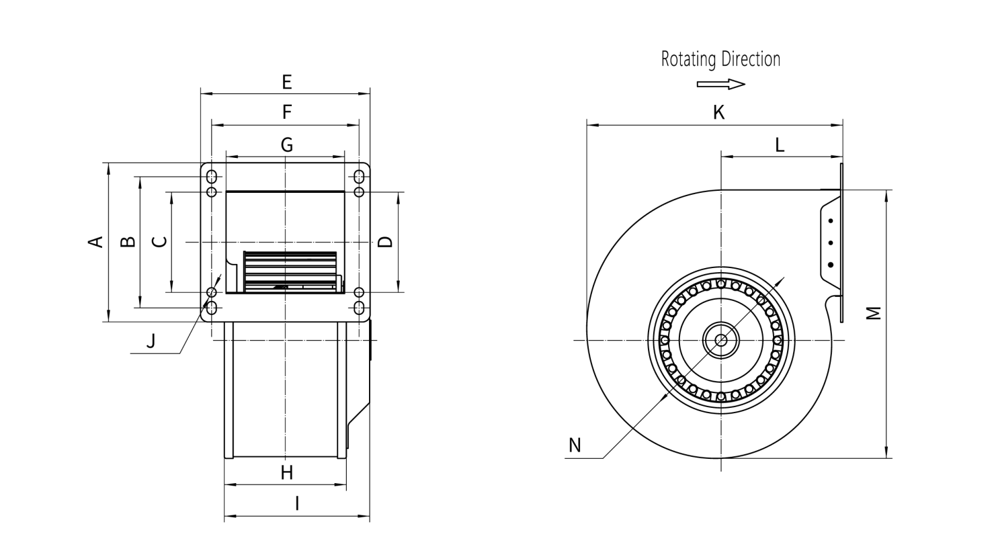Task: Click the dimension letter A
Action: [x=98, y=242]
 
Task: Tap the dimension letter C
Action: [x=159, y=242]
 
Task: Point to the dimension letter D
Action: [x=385, y=242]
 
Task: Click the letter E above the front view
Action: [x=287, y=82]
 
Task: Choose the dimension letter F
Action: [x=287, y=112]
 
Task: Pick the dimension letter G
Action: [x=287, y=144]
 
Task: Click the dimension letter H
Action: [x=287, y=473]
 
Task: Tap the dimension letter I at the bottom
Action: [x=296, y=503]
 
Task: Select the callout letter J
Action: [x=151, y=341]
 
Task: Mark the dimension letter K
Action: [x=719, y=113]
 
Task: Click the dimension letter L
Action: [x=780, y=144]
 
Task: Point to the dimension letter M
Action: [x=872, y=313]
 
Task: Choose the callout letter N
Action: [x=575, y=445]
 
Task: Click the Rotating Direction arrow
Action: [x=721, y=84]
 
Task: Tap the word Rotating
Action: [x=689, y=60]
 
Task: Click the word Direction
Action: [x=751, y=59]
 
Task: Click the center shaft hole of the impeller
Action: [x=721, y=340]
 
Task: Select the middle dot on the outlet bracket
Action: [x=831, y=243]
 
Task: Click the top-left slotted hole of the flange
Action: [x=212, y=177]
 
